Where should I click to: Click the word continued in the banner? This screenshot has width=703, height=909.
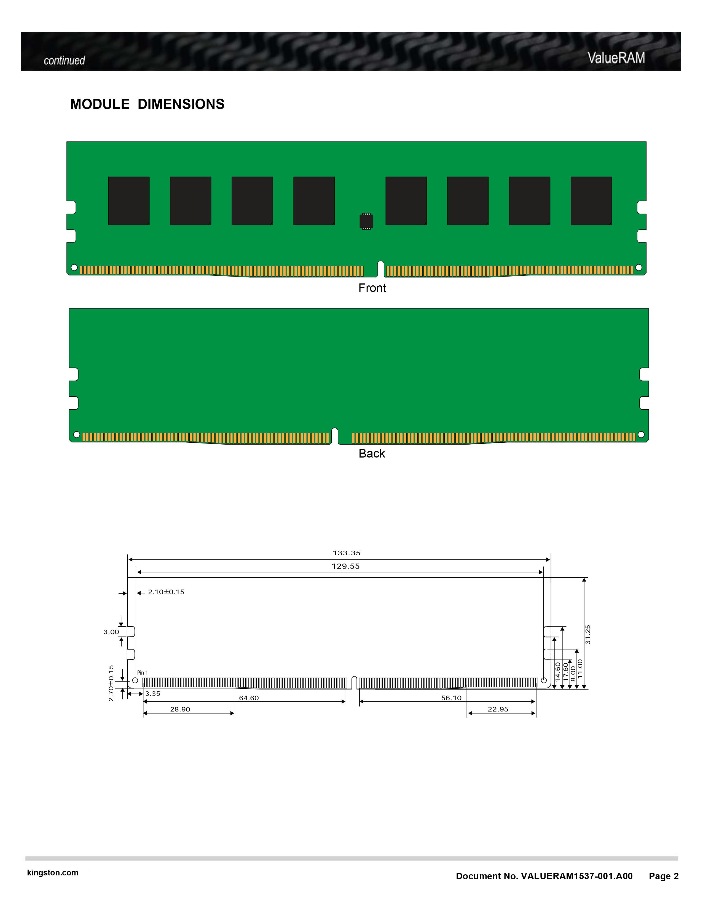click(64, 60)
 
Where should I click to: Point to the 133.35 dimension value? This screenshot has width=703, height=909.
click(347, 553)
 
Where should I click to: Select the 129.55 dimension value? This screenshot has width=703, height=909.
click(346, 566)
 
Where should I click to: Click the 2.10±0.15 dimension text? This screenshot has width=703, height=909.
click(166, 592)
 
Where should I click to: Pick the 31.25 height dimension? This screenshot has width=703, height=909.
click(588, 634)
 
